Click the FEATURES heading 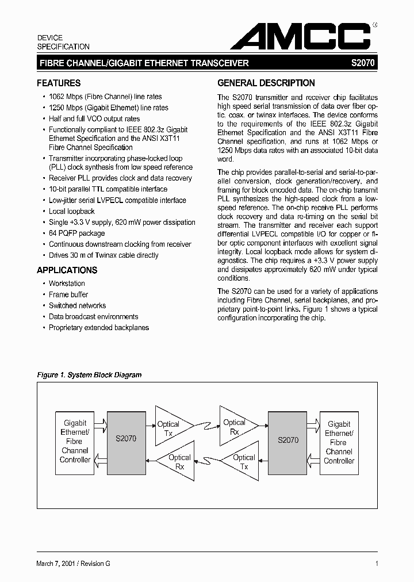[59, 83]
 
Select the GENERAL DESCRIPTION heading [266, 83]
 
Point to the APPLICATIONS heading [67, 270]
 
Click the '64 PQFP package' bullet [76, 233]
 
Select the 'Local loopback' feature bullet [72, 212]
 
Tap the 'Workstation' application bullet [67, 284]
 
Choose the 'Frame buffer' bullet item [68, 294]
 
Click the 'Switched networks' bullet [77, 305]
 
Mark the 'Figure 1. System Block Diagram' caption [89, 375]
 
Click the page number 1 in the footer [376, 564]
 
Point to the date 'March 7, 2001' [56, 564]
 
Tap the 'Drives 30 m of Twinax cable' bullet [103, 255]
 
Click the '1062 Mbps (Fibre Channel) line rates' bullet [105, 97]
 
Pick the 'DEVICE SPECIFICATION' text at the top [63, 42]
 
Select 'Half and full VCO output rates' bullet [94, 118]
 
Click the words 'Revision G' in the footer [95, 564]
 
